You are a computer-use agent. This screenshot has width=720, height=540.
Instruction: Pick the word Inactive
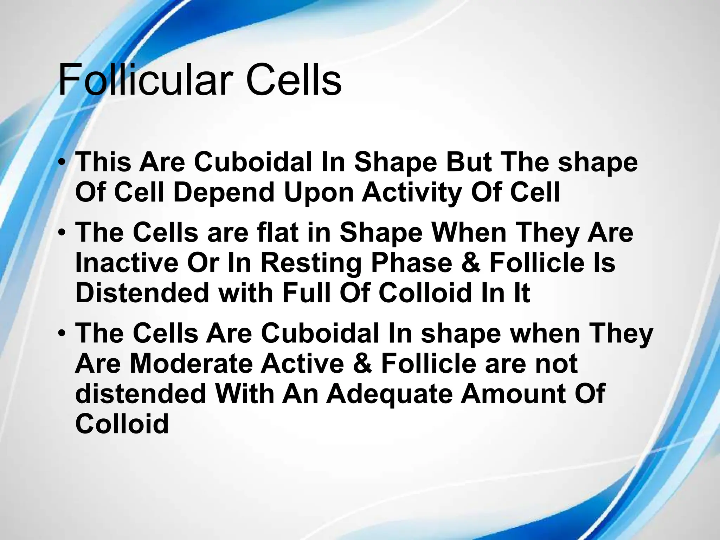127,263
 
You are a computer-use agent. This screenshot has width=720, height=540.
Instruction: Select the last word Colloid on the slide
122,423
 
